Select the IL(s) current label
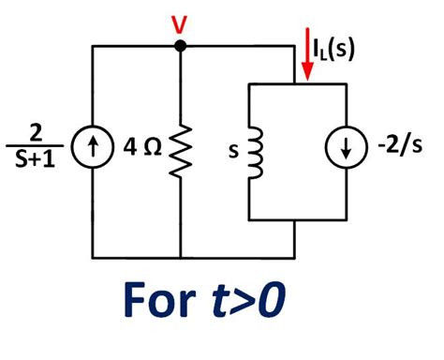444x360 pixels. tap(333, 48)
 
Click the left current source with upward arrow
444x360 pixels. tap(92, 149)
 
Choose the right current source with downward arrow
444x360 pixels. tap(346, 150)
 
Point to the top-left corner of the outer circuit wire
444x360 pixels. tap(92, 45)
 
